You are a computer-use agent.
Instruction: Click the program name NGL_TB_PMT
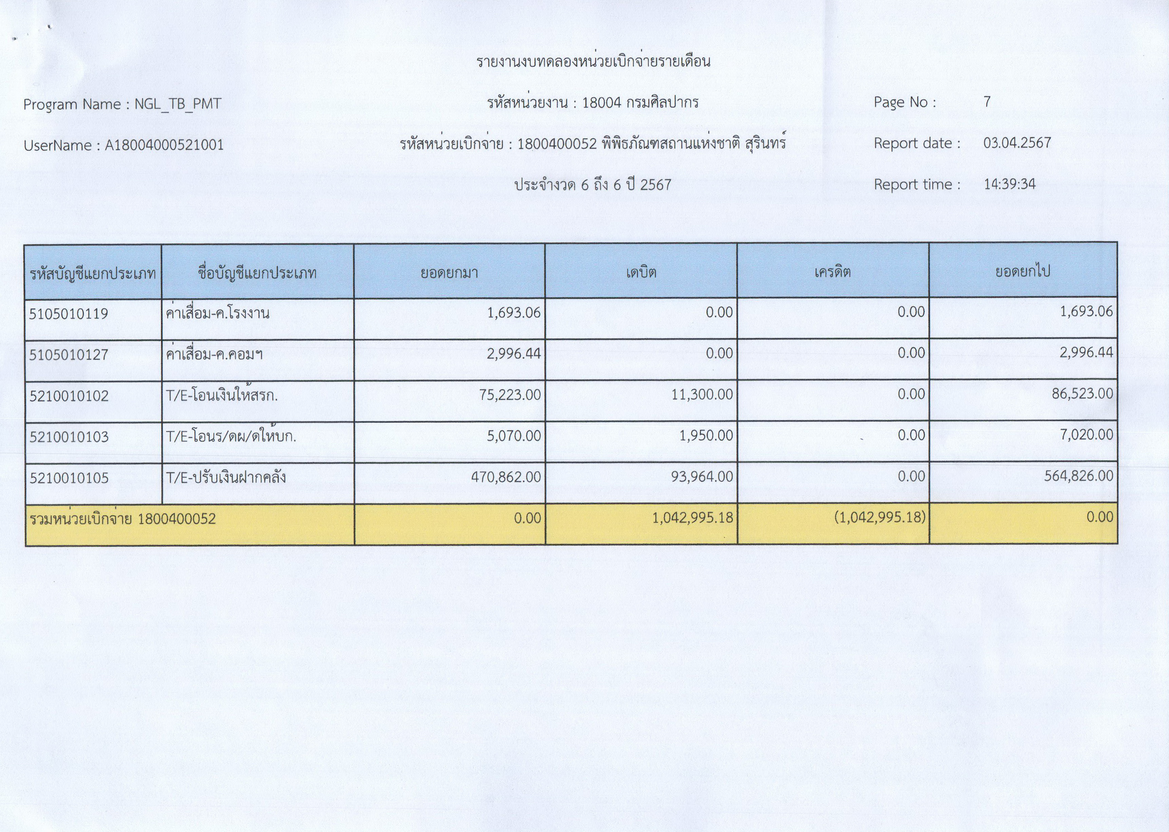coord(177,104)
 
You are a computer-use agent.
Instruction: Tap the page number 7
coord(986,101)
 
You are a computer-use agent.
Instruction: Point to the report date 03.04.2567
coord(1017,142)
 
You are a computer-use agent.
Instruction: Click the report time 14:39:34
coord(1009,183)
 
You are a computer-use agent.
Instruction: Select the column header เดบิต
coord(641,272)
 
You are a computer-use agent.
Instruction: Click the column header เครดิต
coord(832,272)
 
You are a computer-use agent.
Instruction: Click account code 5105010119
coord(69,313)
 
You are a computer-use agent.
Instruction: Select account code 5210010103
coord(69,437)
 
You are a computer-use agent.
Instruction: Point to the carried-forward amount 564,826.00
coord(1078,476)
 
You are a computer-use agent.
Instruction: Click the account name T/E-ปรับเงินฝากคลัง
coord(226,478)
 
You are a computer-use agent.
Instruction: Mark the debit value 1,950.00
coord(706,436)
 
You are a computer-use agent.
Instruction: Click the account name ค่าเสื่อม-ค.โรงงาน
coord(218,313)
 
